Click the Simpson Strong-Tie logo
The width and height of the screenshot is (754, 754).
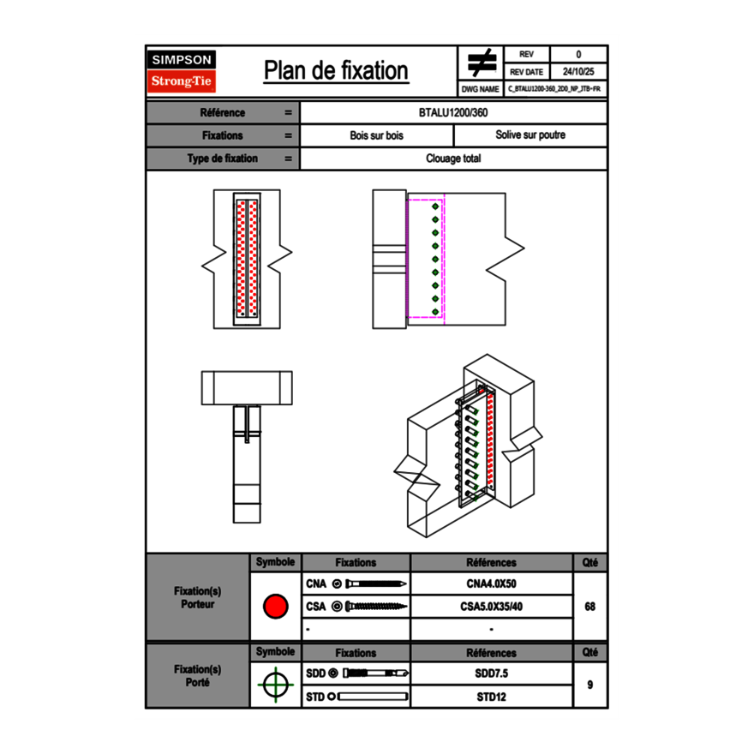coord(182,71)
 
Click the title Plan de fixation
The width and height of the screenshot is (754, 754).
coord(336,71)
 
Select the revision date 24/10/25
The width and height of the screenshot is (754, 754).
coord(578,72)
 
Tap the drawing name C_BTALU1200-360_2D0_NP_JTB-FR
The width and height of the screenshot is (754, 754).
coord(554,89)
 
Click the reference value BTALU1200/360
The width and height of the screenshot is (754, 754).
coord(453,113)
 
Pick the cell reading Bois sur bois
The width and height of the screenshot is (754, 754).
coord(376,135)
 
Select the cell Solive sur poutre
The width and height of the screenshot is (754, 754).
coord(530,135)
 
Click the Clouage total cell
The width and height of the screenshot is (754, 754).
coord(453,159)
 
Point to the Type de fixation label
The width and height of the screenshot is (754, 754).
coord(222,159)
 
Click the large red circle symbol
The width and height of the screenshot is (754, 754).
coord(275,607)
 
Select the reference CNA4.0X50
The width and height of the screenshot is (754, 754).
coord(491,584)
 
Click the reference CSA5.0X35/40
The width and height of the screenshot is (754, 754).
coord(491,607)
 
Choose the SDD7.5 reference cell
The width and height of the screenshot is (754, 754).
coord(491,673)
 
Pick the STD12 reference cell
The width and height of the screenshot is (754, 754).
coord(491,697)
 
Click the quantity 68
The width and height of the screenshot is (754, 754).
coord(589,607)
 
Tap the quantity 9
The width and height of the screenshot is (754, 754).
coord(589,685)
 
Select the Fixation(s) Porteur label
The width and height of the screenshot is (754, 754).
coord(197,597)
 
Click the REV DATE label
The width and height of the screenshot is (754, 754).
coord(526,72)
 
